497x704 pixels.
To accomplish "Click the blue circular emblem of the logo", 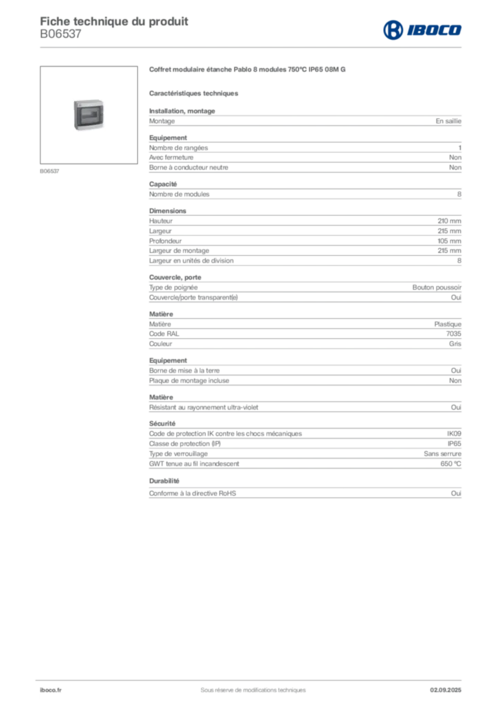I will coord(393,30).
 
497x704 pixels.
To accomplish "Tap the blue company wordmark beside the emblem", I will coord(435,30).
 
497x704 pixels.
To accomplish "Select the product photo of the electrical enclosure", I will coord(91,115).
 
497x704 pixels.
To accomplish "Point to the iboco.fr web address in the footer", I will coord(51,690).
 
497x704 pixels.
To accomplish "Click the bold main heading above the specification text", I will coord(250,70).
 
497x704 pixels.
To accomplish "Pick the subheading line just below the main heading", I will coord(194,92).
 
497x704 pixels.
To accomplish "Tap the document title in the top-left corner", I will coord(115,19).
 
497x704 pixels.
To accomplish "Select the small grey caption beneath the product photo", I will coord(49,170).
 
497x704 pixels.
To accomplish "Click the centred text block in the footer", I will coord(248,687).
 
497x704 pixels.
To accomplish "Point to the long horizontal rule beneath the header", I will coord(275,46).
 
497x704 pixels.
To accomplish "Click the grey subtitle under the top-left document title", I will coord(60,38).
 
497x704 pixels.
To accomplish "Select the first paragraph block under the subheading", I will coord(305,121).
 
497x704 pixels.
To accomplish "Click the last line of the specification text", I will coord(305,492).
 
